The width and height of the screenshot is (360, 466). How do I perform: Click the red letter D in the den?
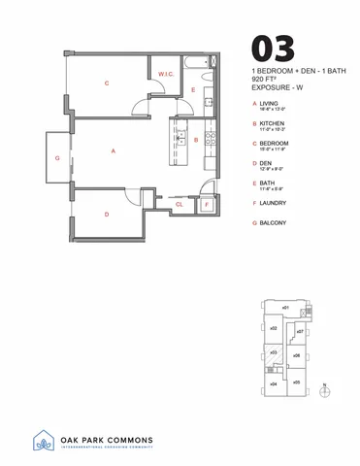click(x=106, y=214)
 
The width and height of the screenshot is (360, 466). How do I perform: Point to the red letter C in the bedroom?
click(x=107, y=83)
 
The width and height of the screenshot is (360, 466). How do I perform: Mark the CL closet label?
click(x=180, y=205)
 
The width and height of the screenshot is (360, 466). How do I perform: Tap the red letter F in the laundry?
click(x=207, y=205)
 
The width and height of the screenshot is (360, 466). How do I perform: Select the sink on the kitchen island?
click(x=180, y=140)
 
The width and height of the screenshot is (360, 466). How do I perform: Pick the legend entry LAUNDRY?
click(x=277, y=203)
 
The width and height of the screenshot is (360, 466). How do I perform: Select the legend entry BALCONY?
click(x=275, y=223)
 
